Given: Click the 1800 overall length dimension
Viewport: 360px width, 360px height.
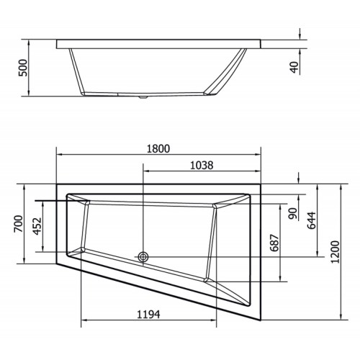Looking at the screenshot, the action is [x=158, y=149].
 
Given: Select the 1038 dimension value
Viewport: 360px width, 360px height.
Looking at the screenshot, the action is [x=202, y=166].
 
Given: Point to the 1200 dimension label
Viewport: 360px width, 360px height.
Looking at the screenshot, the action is [x=336, y=252].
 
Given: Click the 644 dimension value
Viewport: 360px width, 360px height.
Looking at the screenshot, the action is [x=312, y=220].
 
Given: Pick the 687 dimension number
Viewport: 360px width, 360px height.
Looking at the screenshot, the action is [x=275, y=243].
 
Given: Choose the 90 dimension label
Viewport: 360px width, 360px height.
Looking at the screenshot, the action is [x=293, y=214].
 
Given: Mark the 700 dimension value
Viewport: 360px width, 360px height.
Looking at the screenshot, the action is [x=19, y=224].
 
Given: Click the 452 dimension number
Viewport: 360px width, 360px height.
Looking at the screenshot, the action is [x=37, y=226].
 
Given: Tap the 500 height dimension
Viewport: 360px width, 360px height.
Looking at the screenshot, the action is [x=24, y=68].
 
